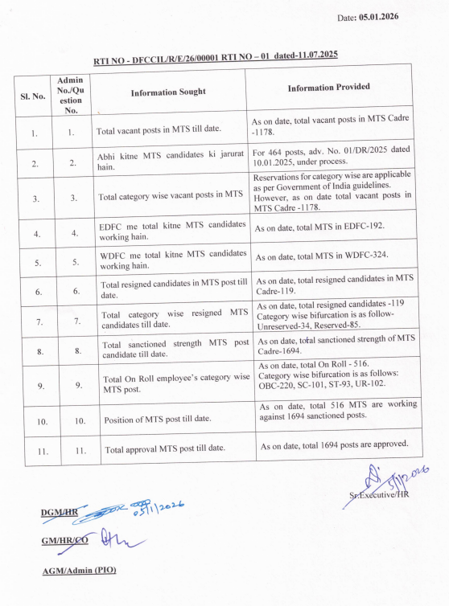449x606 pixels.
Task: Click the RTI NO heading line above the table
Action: click(x=216, y=56)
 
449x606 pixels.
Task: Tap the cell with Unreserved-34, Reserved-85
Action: click(x=332, y=317)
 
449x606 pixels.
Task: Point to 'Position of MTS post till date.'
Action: click(x=158, y=420)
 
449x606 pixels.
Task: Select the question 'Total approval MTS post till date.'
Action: click(x=164, y=448)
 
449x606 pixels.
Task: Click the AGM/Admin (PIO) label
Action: click(x=79, y=571)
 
